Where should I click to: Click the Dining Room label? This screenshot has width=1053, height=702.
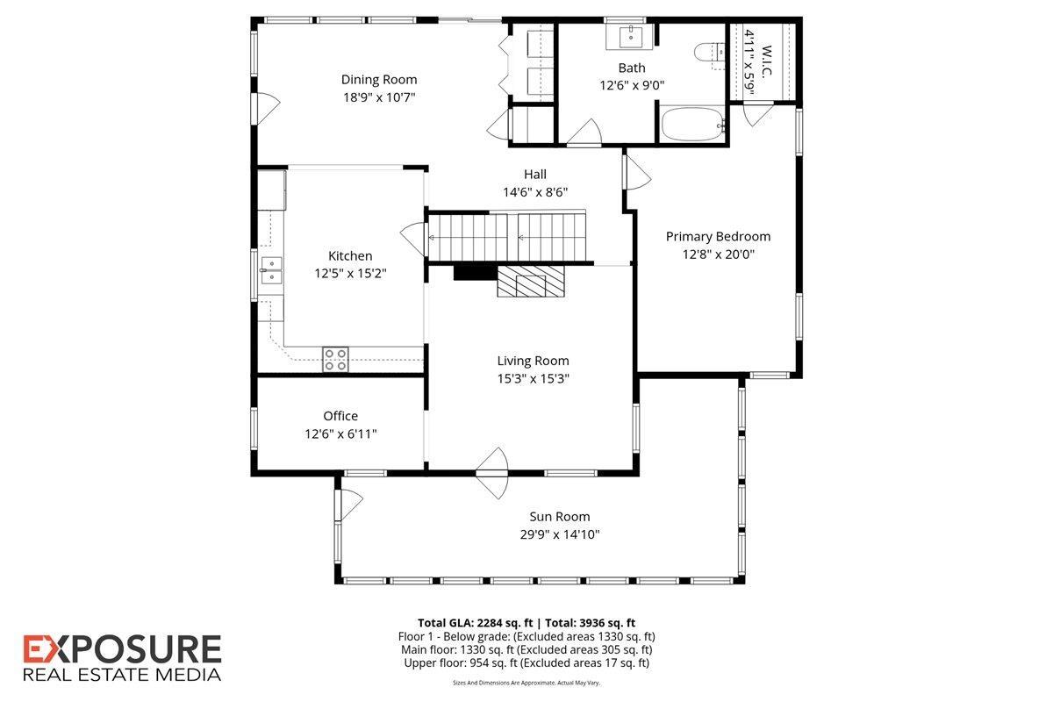tap(379, 80)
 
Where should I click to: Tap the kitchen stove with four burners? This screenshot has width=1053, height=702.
tap(335, 359)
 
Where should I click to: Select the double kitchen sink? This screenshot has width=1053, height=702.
tap(270, 270)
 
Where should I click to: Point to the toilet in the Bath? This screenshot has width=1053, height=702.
tap(707, 54)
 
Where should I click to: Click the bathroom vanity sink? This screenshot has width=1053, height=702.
tap(631, 38)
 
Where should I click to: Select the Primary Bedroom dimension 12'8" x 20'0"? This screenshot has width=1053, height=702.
tap(718, 254)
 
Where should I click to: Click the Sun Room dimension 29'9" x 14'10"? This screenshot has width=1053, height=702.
tap(559, 534)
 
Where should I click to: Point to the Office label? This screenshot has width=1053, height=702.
tap(340, 416)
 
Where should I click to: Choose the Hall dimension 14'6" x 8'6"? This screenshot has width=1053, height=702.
tap(535, 192)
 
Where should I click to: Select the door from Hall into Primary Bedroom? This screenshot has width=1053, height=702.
tap(636, 172)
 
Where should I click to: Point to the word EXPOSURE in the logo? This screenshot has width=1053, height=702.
tap(122, 650)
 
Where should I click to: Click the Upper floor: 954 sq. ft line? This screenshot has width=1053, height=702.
tap(526, 663)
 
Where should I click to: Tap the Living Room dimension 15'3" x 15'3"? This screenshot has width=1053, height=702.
tap(533, 378)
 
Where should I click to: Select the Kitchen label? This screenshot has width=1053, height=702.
tap(350, 255)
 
